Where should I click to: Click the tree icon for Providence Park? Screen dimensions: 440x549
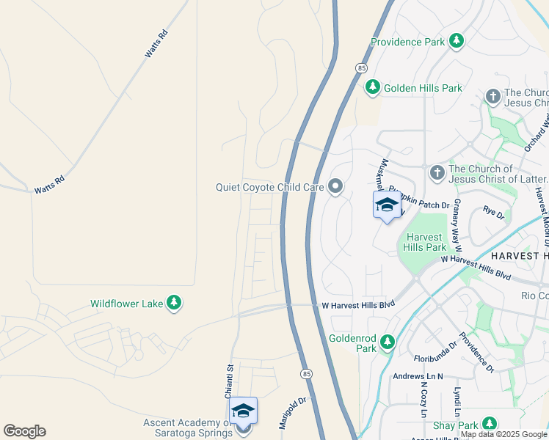tap(457, 40)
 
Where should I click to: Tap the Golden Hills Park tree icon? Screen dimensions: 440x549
tap(373, 88)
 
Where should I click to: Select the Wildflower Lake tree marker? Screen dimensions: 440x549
tap(174, 303)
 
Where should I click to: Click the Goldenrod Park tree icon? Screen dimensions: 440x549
tap(388, 342)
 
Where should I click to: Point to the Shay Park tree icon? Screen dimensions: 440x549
tap(488, 424)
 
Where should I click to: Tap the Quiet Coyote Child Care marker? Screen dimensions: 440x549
tap(335, 187)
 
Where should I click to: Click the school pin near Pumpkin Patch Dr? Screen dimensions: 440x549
tap(387, 206)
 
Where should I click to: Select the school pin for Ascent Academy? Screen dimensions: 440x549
tap(243, 412)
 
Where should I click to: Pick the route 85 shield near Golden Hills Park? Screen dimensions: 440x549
tap(361, 67)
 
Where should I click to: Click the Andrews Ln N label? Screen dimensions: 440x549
tap(418, 376)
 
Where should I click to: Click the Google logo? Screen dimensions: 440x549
tap(24, 431)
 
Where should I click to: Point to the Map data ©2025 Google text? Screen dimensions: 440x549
tap(503, 434)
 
